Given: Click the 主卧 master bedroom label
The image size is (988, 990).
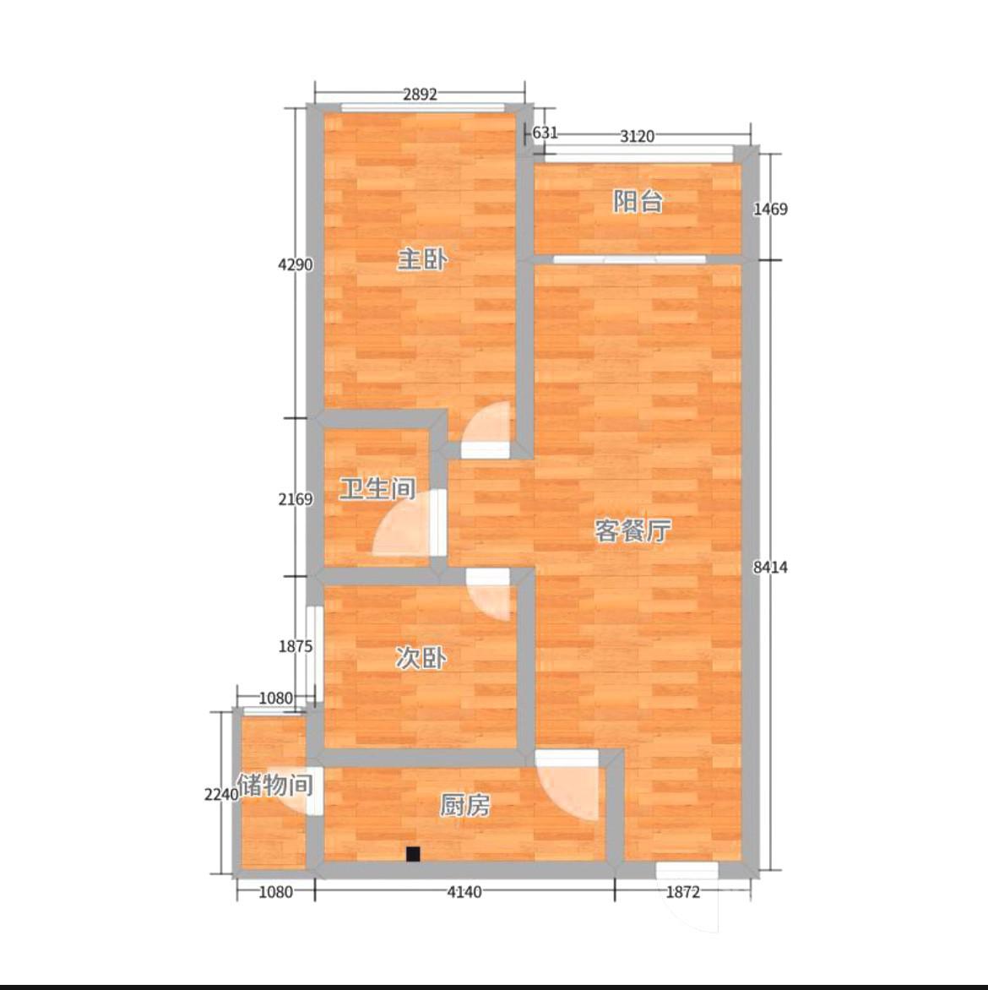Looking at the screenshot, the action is tap(422, 258).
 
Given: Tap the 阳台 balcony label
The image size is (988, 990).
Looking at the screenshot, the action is tap(638, 201).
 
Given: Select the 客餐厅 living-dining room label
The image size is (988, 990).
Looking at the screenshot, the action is tap(632, 531).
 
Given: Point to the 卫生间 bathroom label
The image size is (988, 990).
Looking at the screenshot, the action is tap(377, 489).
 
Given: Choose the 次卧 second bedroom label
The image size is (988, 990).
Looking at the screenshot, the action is tap(421, 658).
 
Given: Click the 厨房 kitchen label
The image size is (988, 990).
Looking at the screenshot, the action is tap(464, 806).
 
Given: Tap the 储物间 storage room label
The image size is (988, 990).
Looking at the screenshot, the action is tap(275, 786).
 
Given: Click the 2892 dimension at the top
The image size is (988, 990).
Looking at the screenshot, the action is tap(420, 94).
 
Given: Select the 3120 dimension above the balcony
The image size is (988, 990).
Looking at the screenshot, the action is tap(637, 136).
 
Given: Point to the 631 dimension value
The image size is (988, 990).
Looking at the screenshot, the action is tap(545, 133).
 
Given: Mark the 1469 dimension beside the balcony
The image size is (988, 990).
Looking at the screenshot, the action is tap(770, 209).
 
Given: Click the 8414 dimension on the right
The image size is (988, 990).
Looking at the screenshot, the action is tap(770, 568).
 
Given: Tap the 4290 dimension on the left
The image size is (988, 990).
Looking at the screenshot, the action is tap(296, 264).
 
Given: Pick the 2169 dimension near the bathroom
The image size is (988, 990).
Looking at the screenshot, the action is tap(296, 499).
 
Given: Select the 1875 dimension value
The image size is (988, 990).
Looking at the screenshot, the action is tap(296, 646).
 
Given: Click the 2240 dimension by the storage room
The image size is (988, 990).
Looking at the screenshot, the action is tap(221, 795).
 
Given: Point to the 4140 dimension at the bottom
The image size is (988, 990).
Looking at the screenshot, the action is tap(464, 892).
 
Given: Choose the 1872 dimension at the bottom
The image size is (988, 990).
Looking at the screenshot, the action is tap(683, 892).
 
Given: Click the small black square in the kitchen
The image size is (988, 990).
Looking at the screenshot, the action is tap(413, 854).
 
